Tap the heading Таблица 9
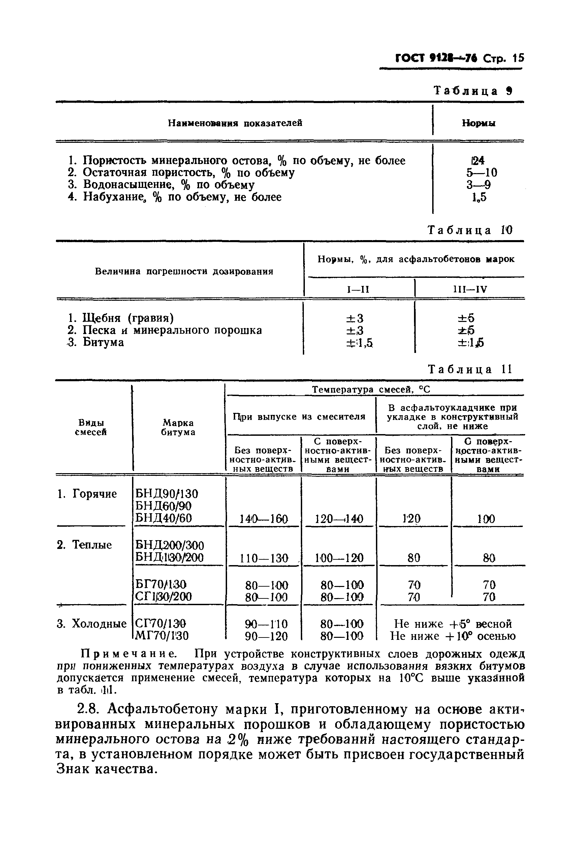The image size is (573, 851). (x=473, y=91)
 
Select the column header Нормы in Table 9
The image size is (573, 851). (x=478, y=123)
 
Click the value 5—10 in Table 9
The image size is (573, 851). (x=481, y=172)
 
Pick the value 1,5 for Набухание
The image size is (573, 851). (x=479, y=197)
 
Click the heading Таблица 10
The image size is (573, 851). (x=470, y=230)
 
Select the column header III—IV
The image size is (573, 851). (x=470, y=290)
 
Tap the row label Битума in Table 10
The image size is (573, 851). (x=103, y=342)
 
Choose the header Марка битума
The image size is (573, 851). (x=178, y=427)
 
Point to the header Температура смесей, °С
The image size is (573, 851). (x=371, y=390)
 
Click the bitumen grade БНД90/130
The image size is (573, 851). (x=167, y=494)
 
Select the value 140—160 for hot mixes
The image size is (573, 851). (x=263, y=519)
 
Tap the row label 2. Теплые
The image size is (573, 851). (x=85, y=545)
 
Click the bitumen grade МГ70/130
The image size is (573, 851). (x=162, y=636)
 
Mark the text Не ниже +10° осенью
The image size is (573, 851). (x=452, y=636)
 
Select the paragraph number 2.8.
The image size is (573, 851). (x=88, y=709)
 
